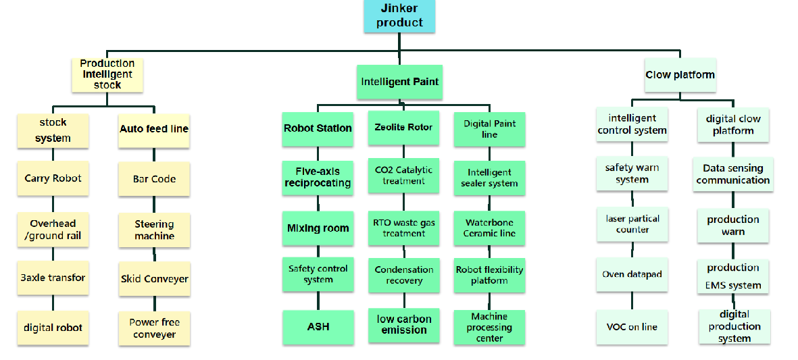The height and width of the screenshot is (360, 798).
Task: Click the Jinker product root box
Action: [x=399, y=16]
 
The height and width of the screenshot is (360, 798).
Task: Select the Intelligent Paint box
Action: [x=399, y=82]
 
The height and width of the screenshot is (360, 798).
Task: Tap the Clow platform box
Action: [x=680, y=75]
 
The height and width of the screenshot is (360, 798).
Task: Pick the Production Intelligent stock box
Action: [x=107, y=74]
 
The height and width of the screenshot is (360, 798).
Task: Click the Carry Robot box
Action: [x=53, y=178]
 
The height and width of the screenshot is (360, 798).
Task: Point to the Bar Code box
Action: [x=154, y=179]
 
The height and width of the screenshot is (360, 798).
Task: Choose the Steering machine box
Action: [x=154, y=230]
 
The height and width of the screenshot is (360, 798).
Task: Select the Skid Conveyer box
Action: [x=154, y=278]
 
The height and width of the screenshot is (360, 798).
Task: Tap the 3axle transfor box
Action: [x=53, y=278]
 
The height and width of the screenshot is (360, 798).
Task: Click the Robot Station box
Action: [x=318, y=128]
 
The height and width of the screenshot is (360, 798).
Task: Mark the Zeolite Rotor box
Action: [x=403, y=128]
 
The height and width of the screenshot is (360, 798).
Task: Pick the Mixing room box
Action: [x=318, y=228]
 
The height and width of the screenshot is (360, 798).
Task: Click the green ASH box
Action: [x=318, y=326]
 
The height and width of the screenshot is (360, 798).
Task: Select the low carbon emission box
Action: [x=403, y=325]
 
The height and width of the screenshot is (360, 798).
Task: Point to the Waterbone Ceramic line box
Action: [x=489, y=228]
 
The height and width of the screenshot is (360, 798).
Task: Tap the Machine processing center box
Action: [x=489, y=327]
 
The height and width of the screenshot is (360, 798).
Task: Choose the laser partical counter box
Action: [x=632, y=224]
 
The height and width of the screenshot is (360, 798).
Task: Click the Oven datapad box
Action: [x=632, y=274]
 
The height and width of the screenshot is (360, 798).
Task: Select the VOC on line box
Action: [x=632, y=327]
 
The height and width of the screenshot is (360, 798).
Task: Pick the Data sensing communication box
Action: [x=733, y=174]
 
